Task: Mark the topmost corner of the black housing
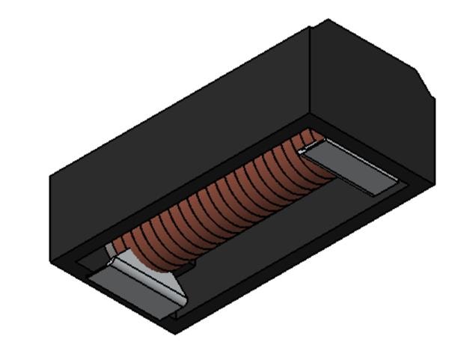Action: [x=328, y=20]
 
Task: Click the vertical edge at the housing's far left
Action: [x=50, y=217]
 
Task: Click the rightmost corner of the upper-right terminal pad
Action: [x=398, y=183]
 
